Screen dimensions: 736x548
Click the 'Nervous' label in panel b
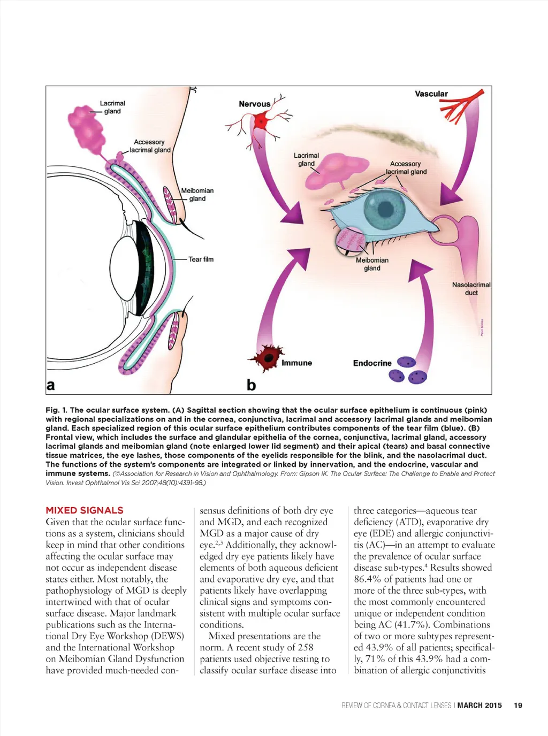254,104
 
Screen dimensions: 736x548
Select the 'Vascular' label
431,94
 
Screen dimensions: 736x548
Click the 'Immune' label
296,363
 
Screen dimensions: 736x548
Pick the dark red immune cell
268,356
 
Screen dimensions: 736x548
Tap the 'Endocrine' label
372,363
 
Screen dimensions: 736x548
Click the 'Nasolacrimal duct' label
471,289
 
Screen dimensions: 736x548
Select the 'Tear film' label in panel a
201,259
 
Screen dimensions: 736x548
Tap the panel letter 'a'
51,385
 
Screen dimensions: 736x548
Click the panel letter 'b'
251,385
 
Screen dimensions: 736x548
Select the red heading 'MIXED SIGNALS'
85,510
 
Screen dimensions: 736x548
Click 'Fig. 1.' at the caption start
56,410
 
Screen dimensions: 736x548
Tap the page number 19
518,706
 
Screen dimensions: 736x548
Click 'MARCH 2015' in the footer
479,706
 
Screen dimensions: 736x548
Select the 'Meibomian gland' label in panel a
197,194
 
